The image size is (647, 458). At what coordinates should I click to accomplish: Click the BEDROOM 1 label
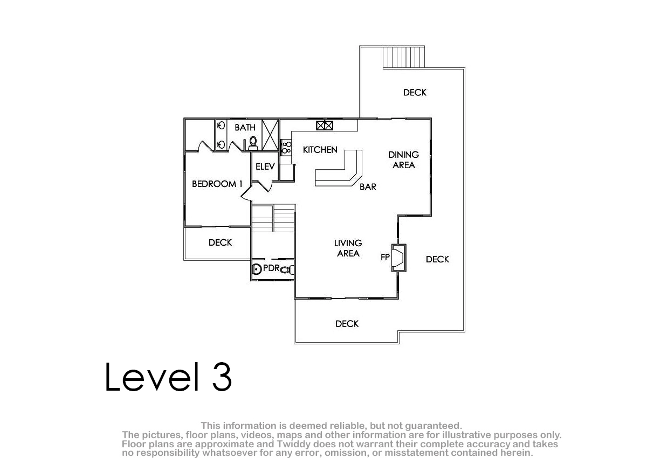pyautogui.click(x=217, y=184)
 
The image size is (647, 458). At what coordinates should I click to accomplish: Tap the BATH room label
pyautogui.click(x=245, y=127)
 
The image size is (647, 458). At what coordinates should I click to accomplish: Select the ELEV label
pyautogui.click(x=265, y=166)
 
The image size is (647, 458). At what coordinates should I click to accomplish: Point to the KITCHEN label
pyautogui.click(x=320, y=149)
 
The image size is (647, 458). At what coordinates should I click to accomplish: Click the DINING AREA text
pyautogui.click(x=403, y=160)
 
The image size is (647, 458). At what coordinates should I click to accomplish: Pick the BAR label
pyautogui.click(x=368, y=187)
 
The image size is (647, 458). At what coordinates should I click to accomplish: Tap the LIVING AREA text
pyautogui.click(x=348, y=248)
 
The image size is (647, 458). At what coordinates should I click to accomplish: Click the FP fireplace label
pyautogui.click(x=385, y=257)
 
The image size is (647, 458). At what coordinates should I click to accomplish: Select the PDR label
pyautogui.click(x=272, y=268)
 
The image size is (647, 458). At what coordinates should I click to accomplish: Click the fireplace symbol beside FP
pyautogui.click(x=398, y=258)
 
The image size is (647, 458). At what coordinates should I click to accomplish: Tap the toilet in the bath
pyautogui.click(x=253, y=143)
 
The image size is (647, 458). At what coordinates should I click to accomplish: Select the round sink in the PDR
pyautogui.click(x=256, y=269)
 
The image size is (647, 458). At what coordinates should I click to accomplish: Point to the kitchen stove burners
pyautogui.click(x=286, y=148)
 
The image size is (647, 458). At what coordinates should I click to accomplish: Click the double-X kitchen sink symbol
pyautogui.click(x=325, y=126)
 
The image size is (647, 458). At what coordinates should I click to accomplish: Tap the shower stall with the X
pyautogui.click(x=270, y=135)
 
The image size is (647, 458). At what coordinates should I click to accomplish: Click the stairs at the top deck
pyautogui.click(x=404, y=57)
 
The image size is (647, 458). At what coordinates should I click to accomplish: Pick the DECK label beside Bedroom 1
pyautogui.click(x=220, y=242)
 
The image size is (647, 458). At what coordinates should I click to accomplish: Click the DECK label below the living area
pyautogui.click(x=347, y=324)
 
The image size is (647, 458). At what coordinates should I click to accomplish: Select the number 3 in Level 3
pyautogui.click(x=222, y=377)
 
